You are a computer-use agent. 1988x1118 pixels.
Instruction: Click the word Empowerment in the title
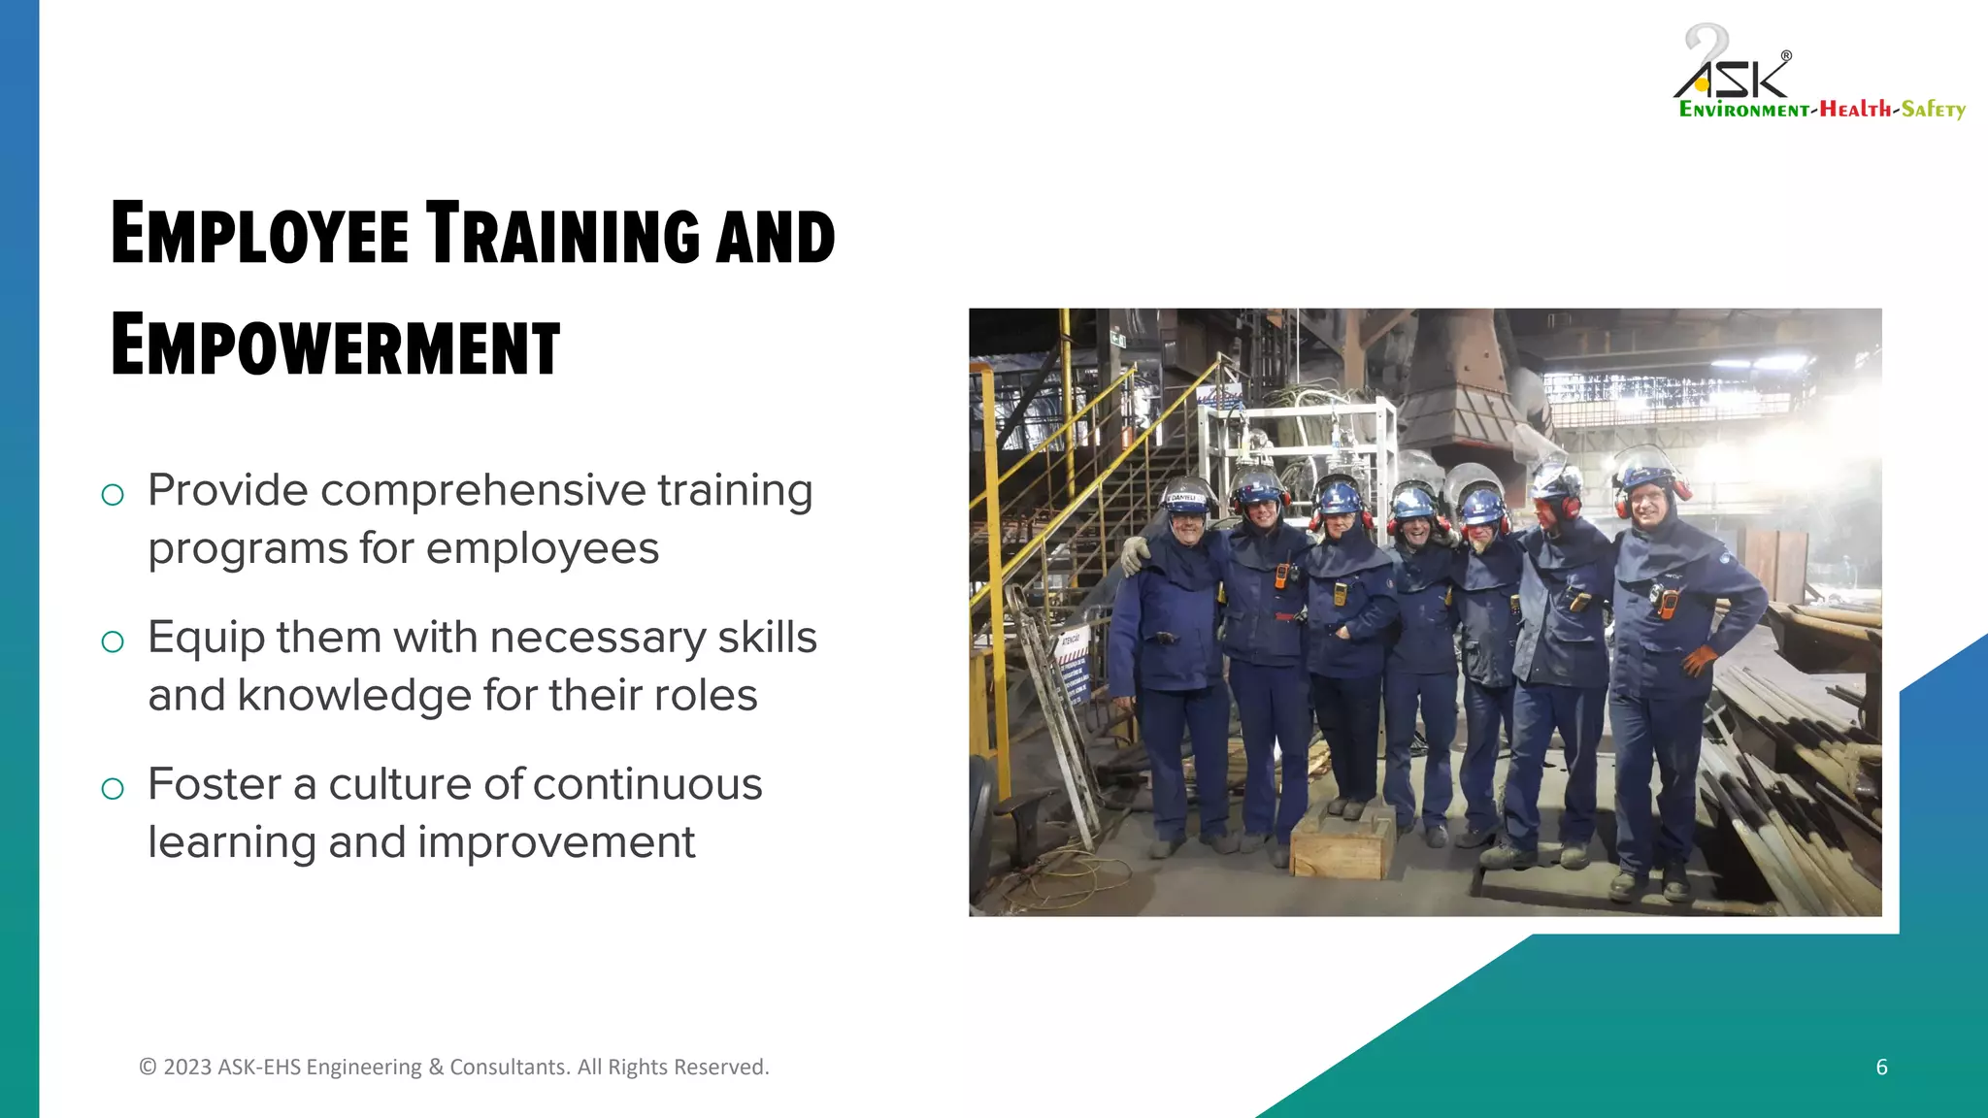335,345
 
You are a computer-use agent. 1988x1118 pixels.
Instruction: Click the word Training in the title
563,234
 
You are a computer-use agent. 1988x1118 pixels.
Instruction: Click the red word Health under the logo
1855,109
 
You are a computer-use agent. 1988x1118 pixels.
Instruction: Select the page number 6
1881,1068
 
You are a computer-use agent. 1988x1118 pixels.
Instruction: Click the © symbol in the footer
148,1068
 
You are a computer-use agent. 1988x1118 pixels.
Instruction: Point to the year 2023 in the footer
187,1068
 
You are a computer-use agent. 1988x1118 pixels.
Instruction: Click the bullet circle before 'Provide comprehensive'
113,495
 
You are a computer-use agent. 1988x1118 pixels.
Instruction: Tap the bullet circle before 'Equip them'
113,641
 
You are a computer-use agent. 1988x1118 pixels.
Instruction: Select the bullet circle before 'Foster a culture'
113,788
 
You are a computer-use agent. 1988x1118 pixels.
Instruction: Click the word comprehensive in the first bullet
482,491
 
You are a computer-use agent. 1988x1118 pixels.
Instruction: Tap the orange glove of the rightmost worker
1699,661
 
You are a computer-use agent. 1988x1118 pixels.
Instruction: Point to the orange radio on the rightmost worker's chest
1668,603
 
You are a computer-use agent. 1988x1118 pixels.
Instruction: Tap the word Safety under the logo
1933,109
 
